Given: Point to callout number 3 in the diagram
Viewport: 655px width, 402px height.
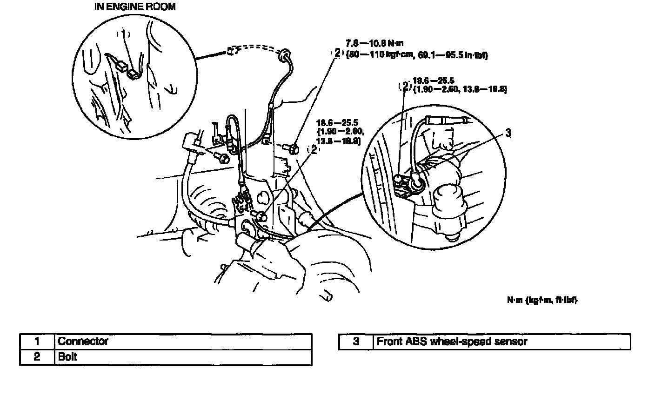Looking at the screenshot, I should click(x=508, y=133).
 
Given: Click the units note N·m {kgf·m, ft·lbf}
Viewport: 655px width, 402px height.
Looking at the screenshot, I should click(x=542, y=300).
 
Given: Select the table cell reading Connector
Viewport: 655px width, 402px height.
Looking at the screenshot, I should click(x=83, y=341).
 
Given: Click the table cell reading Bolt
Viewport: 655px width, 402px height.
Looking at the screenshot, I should click(x=67, y=357).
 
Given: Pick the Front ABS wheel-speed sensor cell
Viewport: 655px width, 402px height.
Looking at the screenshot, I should click(x=452, y=342).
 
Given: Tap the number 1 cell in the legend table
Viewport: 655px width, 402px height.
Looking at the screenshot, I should click(x=37, y=341).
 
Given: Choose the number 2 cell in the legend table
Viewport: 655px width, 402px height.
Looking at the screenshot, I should click(x=37, y=357).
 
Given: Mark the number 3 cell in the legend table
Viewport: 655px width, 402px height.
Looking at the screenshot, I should click(x=356, y=342).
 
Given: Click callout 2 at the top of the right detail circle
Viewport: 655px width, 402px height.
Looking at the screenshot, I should click(x=405, y=86).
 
